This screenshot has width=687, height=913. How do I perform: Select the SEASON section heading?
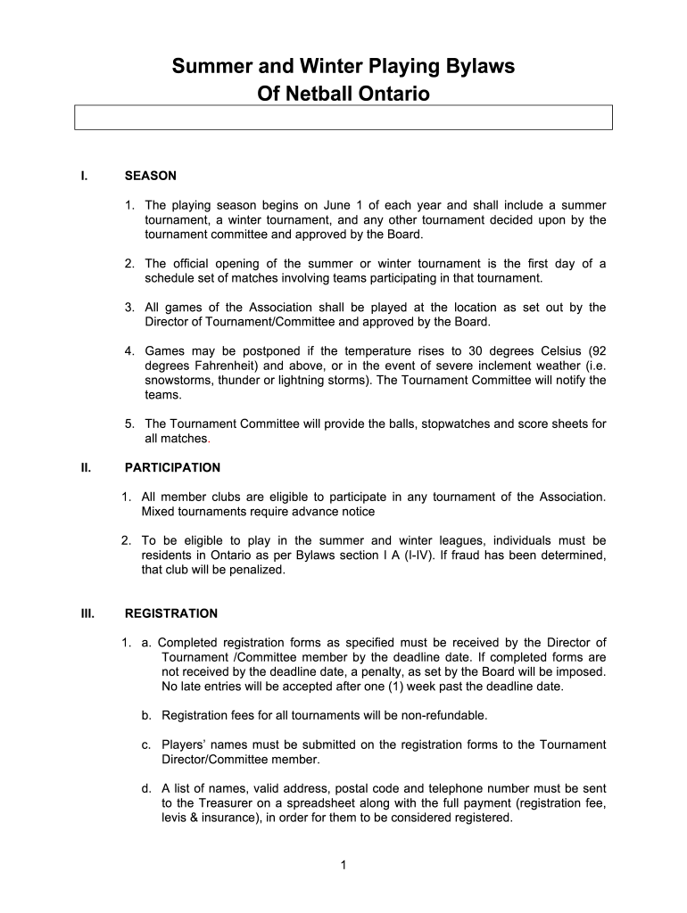(x=150, y=176)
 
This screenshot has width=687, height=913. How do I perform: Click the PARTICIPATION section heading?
(x=172, y=467)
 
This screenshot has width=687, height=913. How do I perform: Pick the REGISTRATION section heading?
(x=170, y=613)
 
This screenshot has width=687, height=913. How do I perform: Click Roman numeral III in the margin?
(x=87, y=613)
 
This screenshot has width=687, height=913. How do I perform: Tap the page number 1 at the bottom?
(x=343, y=864)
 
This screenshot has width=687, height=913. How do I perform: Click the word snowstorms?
(x=178, y=380)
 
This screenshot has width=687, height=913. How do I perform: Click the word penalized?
(x=254, y=570)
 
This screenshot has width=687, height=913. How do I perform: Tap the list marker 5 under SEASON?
(x=128, y=424)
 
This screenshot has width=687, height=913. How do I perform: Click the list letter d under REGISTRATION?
(x=145, y=788)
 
